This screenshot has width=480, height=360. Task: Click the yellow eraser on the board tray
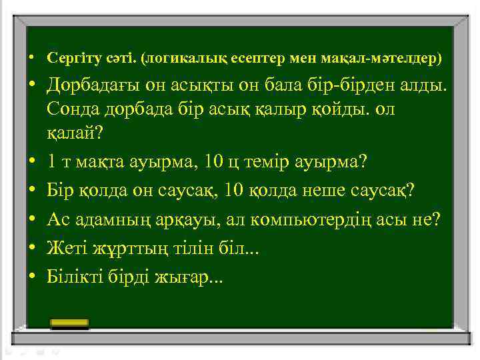(x=70, y=323)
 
